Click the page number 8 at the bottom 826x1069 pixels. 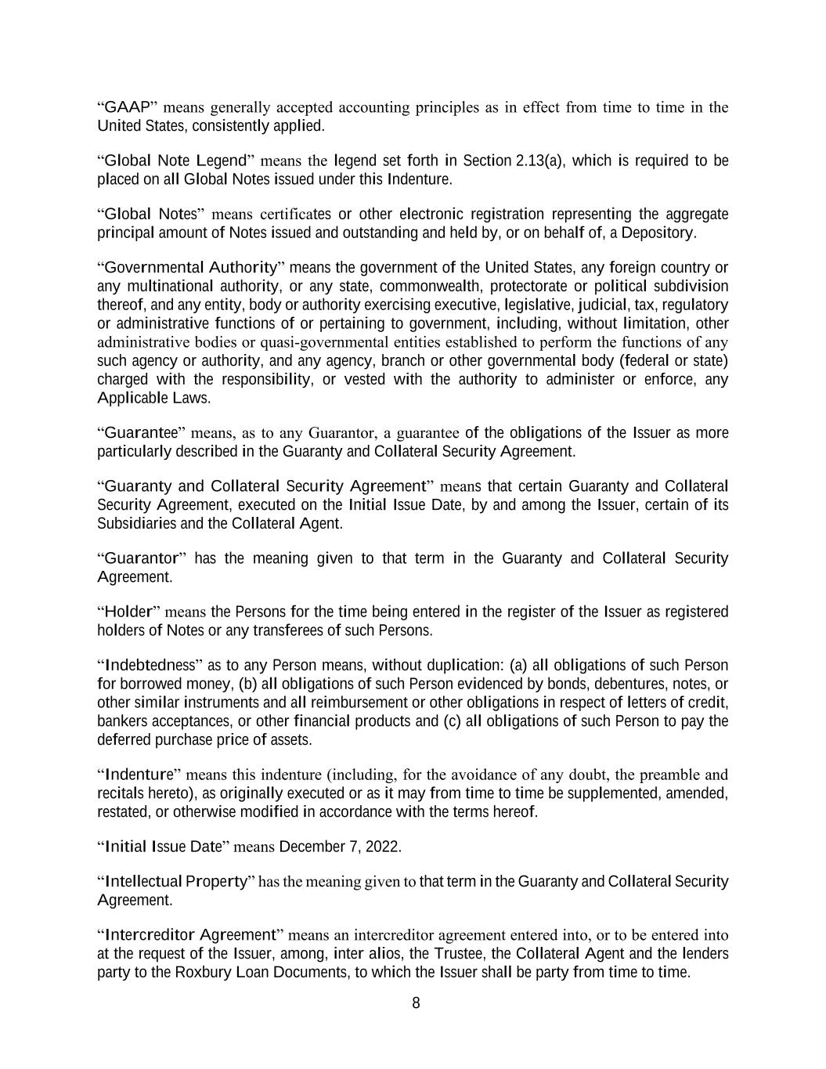click(x=416, y=1003)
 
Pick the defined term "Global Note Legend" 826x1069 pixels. click(x=175, y=161)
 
